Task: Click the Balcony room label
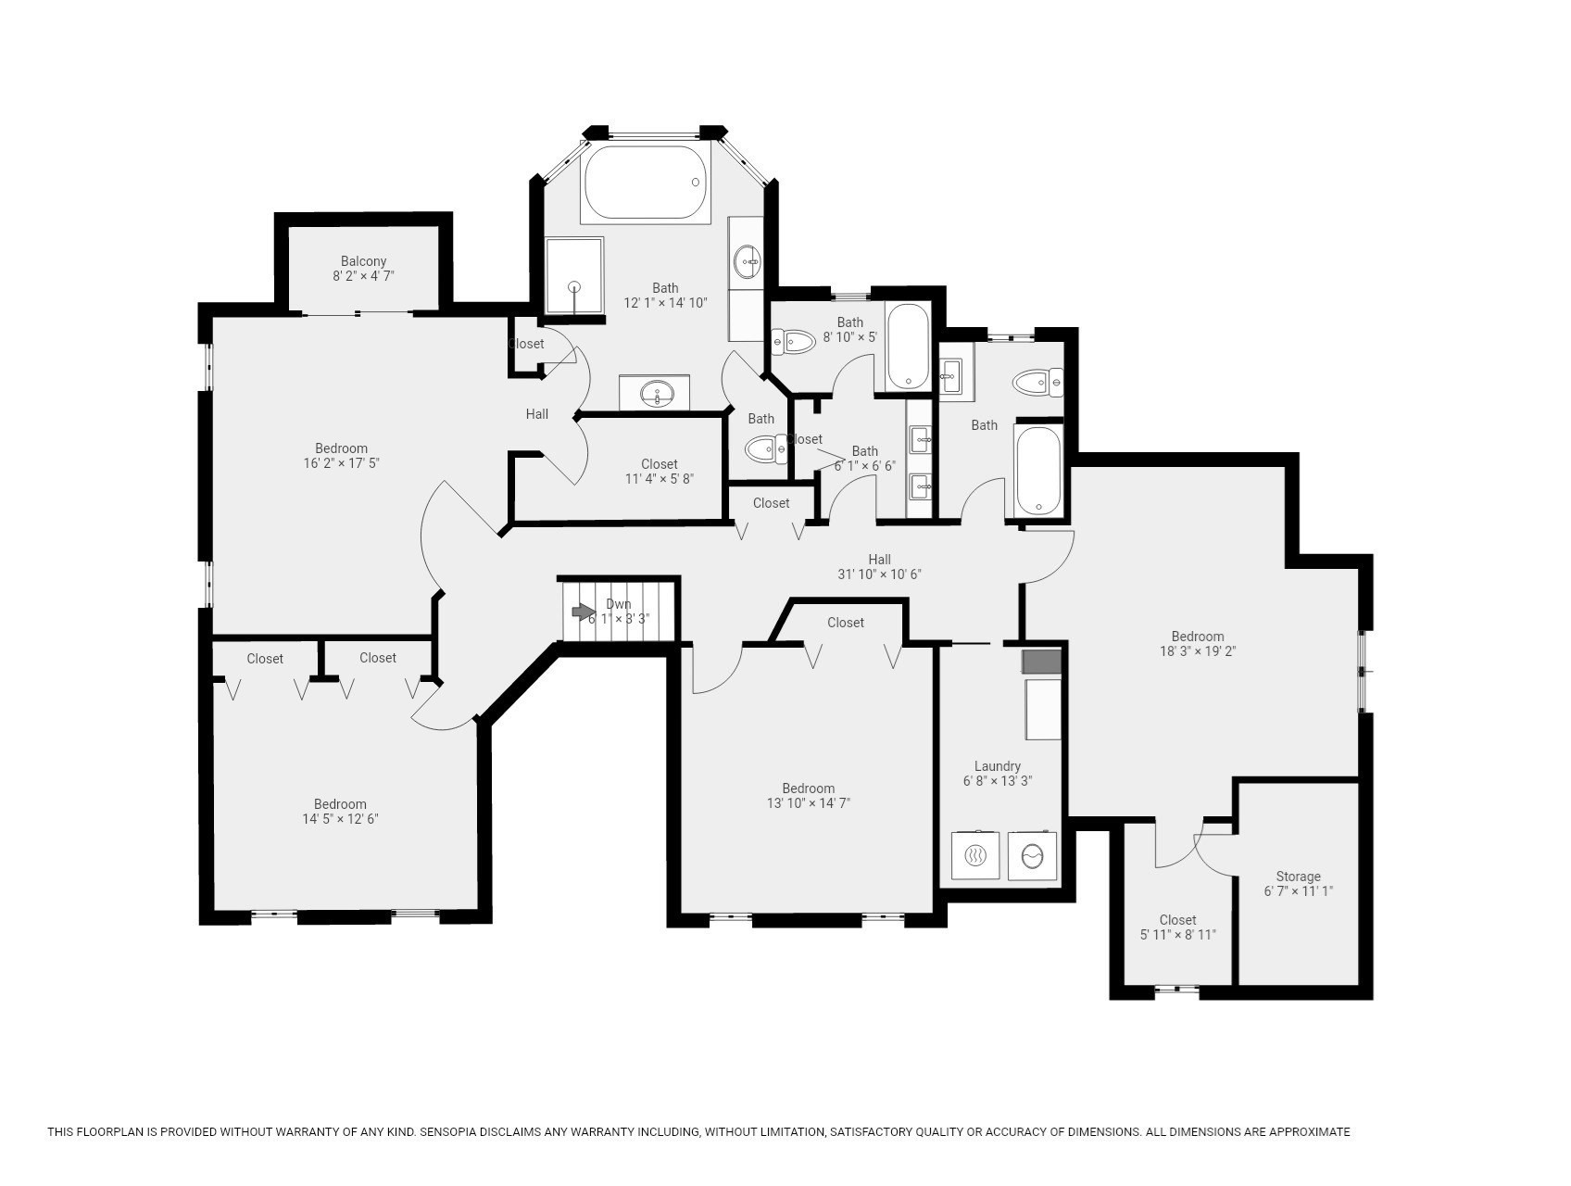pyautogui.click(x=363, y=261)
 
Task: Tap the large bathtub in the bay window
pyautogui.click(x=646, y=182)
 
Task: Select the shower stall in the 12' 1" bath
pyautogui.click(x=574, y=276)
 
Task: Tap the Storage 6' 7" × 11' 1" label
pyautogui.click(x=1298, y=884)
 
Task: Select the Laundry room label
pyautogui.click(x=998, y=766)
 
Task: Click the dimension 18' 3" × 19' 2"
pyautogui.click(x=1198, y=650)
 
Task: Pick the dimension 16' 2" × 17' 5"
pyautogui.click(x=341, y=462)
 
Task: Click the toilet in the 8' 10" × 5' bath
pyautogui.click(x=794, y=342)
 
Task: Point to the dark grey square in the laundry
pyautogui.click(x=1041, y=662)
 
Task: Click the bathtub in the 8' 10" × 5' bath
pyautogui.click(x=908, y=346)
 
